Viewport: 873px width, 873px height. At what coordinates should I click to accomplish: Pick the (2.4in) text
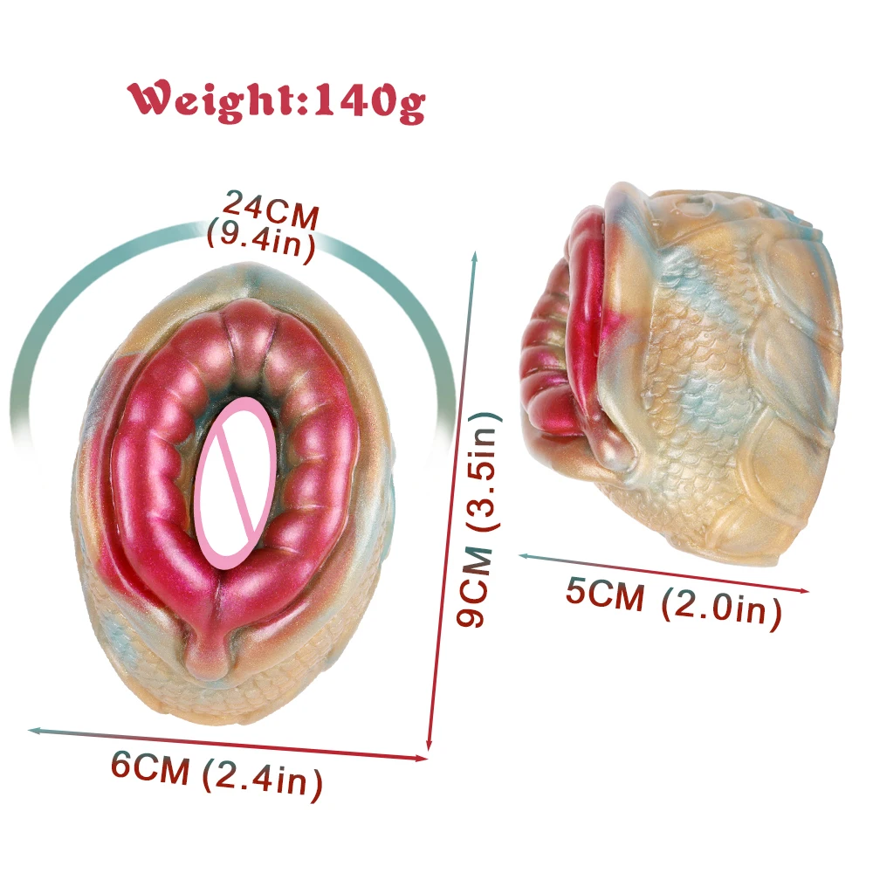click(262, 778)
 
